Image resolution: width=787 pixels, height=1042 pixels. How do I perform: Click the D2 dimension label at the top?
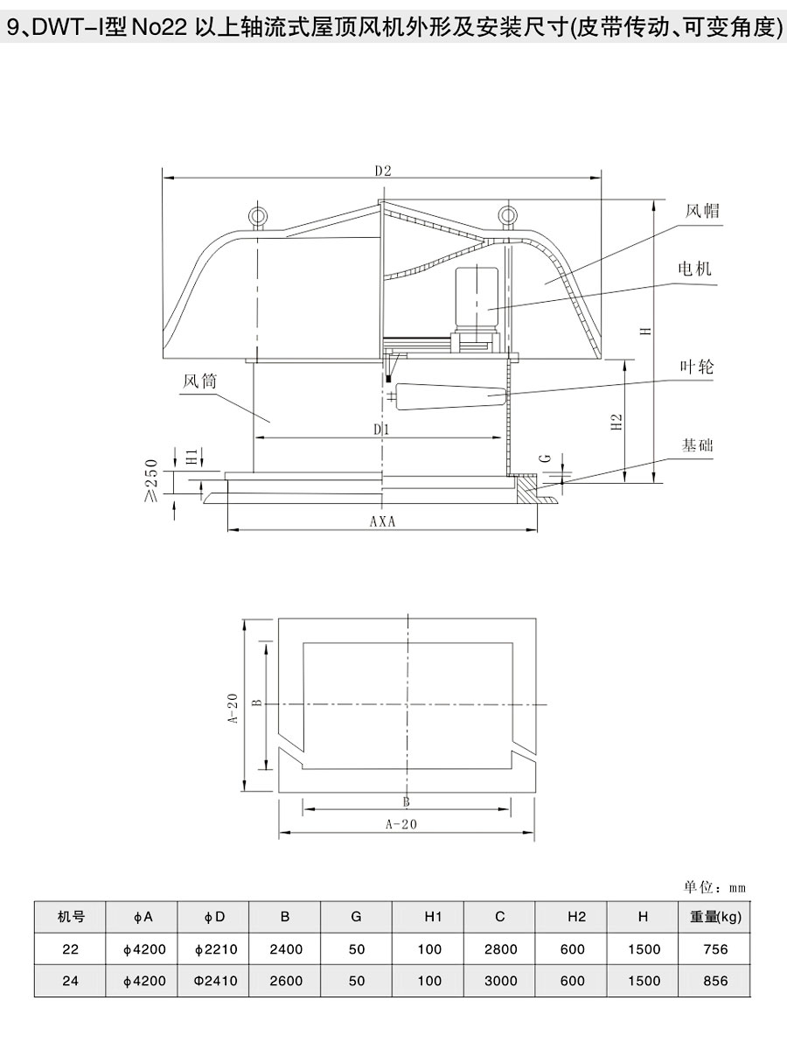tap(383, 170)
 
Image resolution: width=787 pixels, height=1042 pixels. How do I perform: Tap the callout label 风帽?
tap(702, 212)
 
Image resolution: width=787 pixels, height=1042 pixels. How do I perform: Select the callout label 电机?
tap(694, 269)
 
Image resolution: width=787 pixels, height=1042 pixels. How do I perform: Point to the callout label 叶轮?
tap(697, 367)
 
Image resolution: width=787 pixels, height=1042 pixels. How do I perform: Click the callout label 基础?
tap(697, 444)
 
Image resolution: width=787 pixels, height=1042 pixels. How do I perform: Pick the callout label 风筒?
tap(200, 382)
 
